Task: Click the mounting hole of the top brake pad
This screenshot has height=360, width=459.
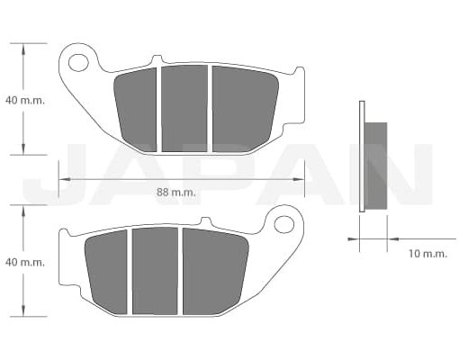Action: tap(78, 62)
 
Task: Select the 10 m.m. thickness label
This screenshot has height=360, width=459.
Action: tap(427, 254)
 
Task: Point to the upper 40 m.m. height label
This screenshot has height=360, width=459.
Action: tap(24, 100)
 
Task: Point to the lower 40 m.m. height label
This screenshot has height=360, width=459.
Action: tap(24, 262)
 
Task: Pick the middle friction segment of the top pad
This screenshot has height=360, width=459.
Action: tap(184, 108)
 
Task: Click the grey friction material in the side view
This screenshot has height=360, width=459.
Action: tap(376, 166)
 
